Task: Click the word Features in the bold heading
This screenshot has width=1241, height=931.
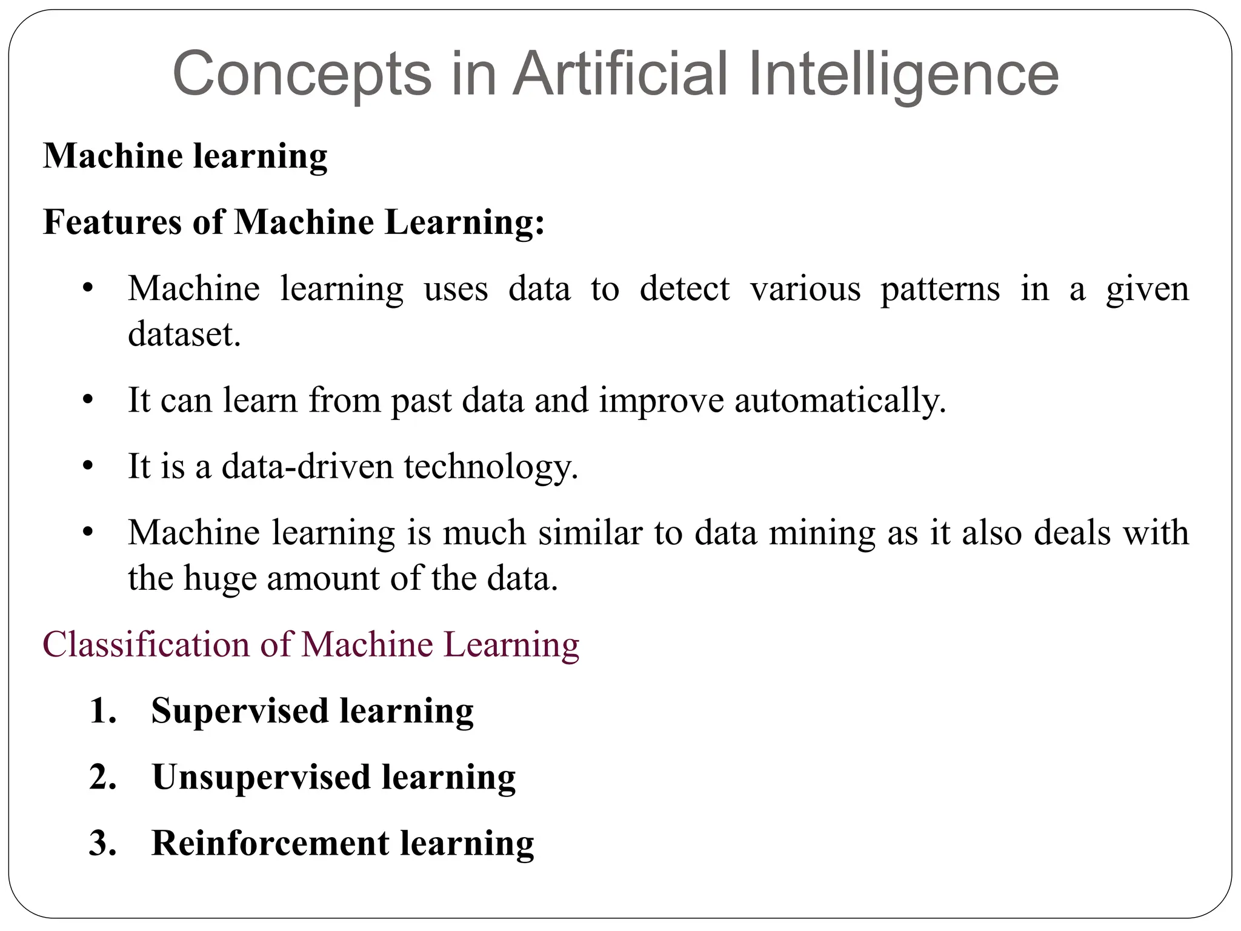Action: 112,222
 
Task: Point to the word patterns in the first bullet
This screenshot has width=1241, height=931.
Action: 940,289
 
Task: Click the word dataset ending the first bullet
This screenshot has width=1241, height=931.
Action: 184,334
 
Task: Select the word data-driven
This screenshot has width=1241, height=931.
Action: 308,467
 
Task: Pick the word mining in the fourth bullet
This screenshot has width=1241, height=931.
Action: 822,533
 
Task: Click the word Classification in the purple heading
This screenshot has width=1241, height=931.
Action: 146,644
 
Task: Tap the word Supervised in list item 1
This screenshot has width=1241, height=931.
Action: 239,711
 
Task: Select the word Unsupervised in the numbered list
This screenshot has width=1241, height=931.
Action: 261,777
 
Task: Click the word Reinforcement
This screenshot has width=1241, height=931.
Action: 270,843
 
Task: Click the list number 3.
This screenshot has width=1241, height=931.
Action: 102,843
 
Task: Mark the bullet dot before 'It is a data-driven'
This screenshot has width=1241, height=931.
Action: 88,467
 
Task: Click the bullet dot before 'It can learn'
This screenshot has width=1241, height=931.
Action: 88,401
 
